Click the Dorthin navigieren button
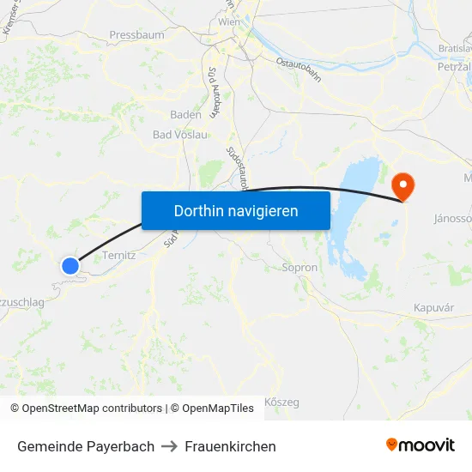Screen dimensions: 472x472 tap(236, 210)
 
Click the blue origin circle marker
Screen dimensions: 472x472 tap(70, 266)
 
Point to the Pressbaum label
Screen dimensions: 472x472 tap(136, 35)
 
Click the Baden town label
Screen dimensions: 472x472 tap(186, 114)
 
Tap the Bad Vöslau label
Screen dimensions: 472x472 tap(180, 135)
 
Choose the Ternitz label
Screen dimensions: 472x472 tap(119, 256)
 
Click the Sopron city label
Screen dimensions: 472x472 tap(300, 268)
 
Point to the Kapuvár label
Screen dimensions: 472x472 tap(433, 307)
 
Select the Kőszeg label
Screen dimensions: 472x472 tap(281, 402)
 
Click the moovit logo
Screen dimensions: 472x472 tap(421, 445)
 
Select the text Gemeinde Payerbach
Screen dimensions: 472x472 tap(86, 446)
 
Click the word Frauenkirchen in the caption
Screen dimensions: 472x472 tap(230, 446)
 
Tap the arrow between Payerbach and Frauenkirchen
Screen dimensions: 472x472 tap(169, 446)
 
